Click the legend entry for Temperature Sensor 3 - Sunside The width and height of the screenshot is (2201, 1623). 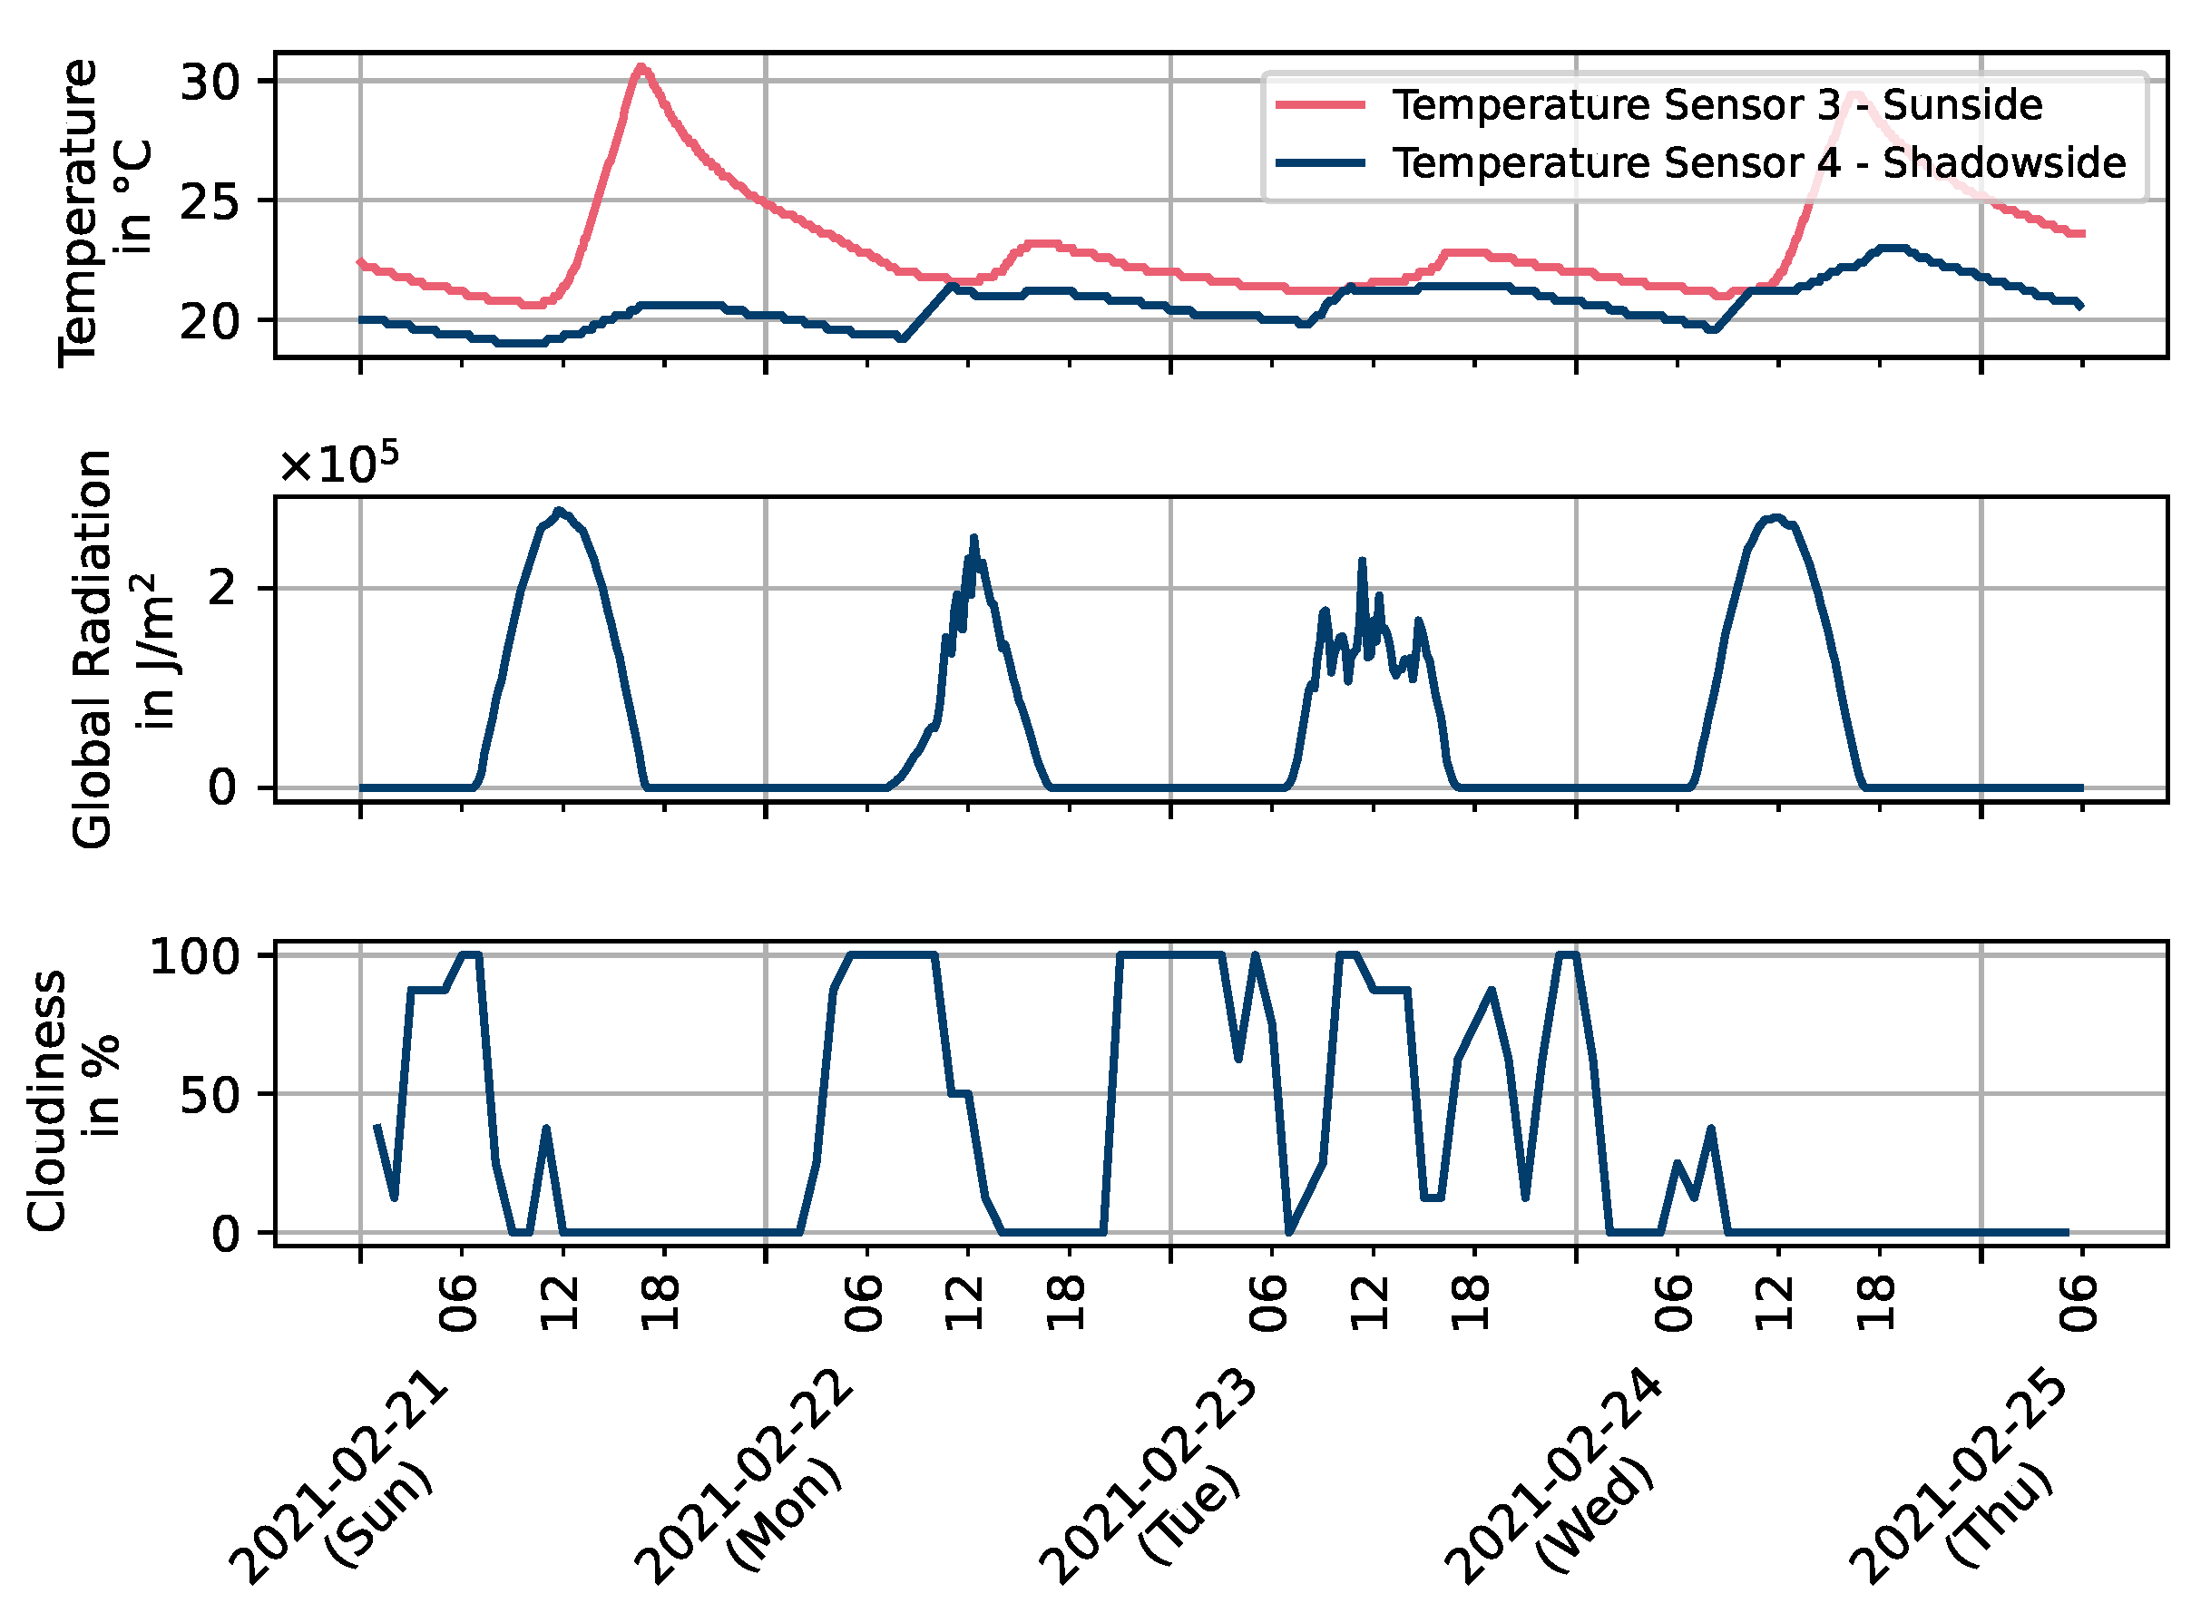1716,105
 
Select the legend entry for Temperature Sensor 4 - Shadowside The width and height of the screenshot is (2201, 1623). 1758,163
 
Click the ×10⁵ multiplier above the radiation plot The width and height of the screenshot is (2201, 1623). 338,464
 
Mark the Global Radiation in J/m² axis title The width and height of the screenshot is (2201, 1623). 122,650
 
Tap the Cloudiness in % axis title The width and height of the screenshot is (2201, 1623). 73,1100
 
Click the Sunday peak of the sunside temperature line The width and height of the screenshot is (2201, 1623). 641,68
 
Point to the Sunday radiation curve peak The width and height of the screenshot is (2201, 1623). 560,511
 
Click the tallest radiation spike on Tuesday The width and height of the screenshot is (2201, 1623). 1362,561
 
